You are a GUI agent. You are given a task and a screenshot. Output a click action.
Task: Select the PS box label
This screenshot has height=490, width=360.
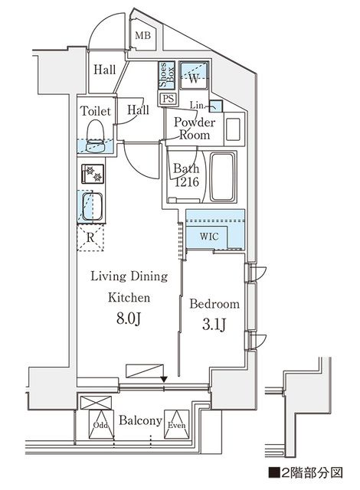[x=166, y=98]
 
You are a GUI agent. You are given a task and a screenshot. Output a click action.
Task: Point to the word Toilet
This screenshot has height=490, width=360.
[x=96, y=111]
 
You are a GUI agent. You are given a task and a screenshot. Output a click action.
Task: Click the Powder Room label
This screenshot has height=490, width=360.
[x=195, y=129]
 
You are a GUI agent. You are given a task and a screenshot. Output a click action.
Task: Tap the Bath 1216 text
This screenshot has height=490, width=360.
[x=185, y=175]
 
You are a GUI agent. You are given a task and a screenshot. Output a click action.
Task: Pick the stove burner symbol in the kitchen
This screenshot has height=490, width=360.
[x=93, y=175]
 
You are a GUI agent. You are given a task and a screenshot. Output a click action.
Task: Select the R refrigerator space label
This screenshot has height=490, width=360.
[x=90, y=237]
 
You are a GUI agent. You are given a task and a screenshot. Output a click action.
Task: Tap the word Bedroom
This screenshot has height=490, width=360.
[x=214, y=304]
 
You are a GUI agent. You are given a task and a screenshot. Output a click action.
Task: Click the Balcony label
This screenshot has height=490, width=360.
[x=139, y=421]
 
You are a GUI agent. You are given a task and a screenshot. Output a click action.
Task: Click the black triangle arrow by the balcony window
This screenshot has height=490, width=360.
[x=163, y=377]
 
